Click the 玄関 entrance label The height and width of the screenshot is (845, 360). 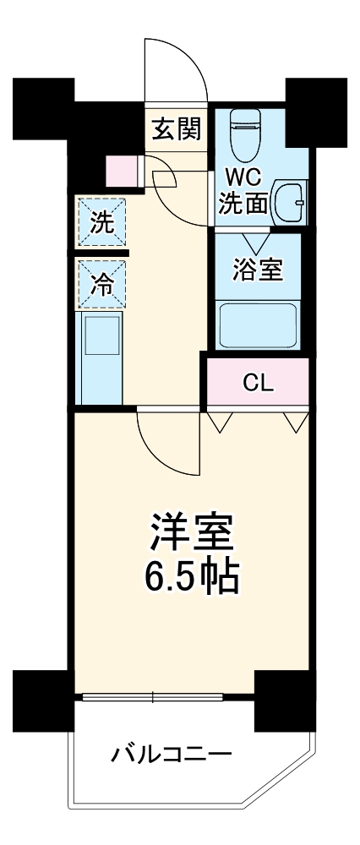click(x=176, y=128)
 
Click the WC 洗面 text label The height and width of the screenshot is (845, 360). click(x=244, y=190)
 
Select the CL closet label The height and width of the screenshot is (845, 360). click(x=258, y=382)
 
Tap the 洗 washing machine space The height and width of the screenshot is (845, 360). click(x=101, y=222)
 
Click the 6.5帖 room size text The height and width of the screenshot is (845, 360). click(x=191, y=578)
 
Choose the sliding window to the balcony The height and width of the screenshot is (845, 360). click(x=152, y=697)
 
